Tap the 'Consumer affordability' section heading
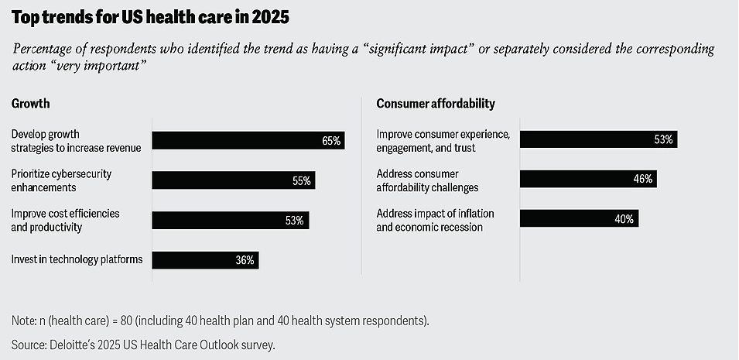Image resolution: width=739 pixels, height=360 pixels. tap(435, 103)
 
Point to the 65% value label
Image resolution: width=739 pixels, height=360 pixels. tap(331, 141)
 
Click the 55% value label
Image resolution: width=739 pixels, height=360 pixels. tap(301, 181)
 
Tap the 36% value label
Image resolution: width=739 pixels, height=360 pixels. tap(245, 260)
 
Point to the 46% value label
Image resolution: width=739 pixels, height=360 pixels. tap(643, 180)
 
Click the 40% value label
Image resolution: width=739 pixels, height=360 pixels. tap(624, 219)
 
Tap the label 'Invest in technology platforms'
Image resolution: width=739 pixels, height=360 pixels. tap(77, 260)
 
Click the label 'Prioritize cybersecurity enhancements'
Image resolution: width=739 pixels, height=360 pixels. tap(61, 180)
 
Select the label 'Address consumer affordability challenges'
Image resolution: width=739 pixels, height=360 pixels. tap(427, 180)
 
